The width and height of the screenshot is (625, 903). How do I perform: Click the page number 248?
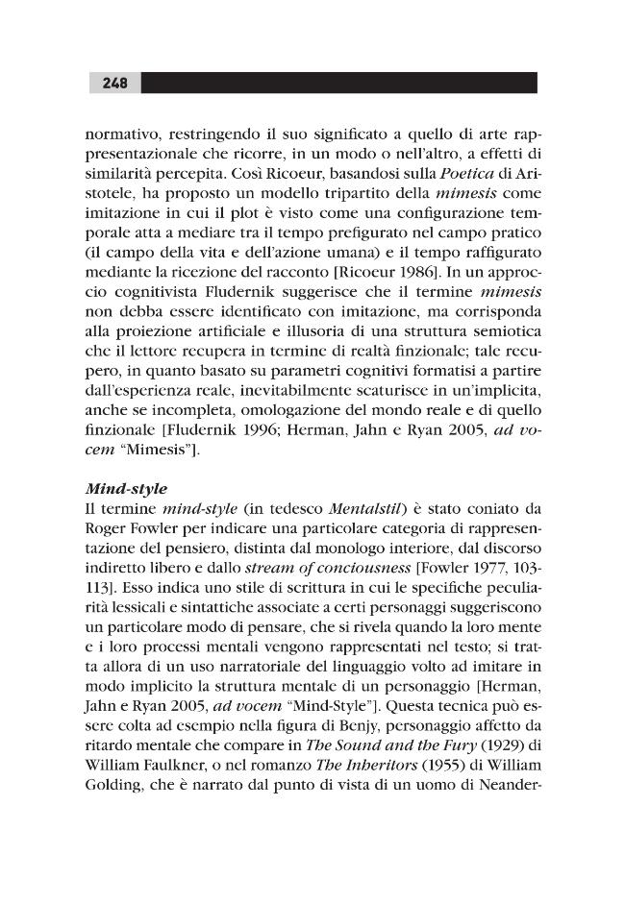coord(113,83)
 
